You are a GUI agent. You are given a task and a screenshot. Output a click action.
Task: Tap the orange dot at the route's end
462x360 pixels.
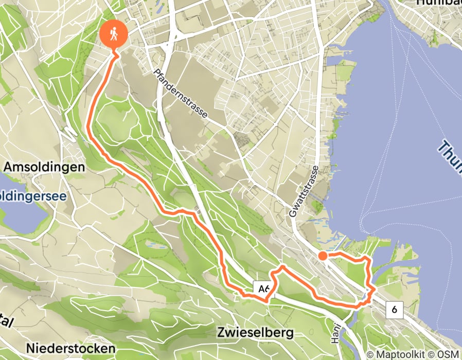pyautogui.click(x=323, y=256)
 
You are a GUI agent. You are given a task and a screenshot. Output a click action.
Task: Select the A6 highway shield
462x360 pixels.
pyautogui.click(x=263, y=290)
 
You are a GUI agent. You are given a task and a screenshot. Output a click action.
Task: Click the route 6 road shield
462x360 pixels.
pyautogui.click(x=395, y=310)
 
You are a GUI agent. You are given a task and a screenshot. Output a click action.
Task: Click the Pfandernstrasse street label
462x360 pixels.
pyautogui.click(x=181, y=93)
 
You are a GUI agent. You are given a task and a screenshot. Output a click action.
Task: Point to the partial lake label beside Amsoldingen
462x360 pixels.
pyautogui.click(x=32, y=196)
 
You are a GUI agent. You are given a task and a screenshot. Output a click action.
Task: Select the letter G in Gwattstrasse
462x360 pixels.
pyautogui.click(x=293, y=212)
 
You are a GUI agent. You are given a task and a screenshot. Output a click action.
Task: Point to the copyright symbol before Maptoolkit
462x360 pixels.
pyautogui.click(x=370, y=354)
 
